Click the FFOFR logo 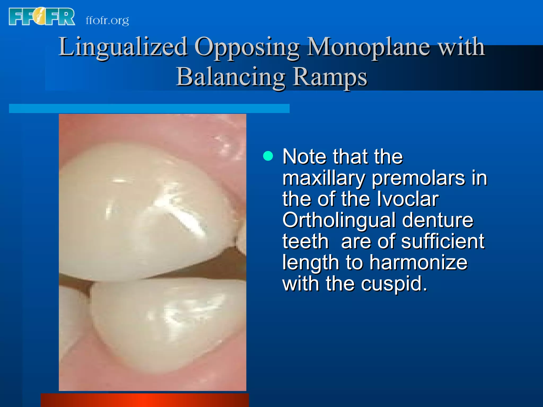[x=42, y=17]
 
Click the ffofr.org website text [x=107, y=20]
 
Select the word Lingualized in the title [x=123, y=47]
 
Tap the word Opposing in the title [x=247, y=47]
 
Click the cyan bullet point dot [x=268, y=156]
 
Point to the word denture [x=437, y=220]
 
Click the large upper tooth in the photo [x=143, y=212]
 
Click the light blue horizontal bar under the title [x=149, y=108]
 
